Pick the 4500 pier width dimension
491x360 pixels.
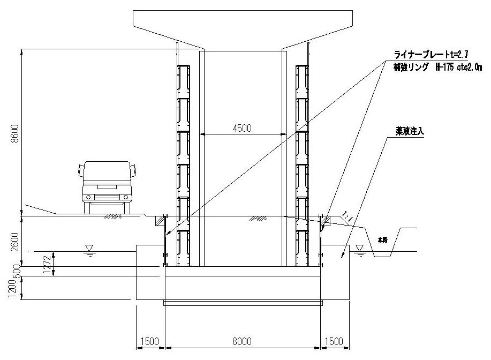242,129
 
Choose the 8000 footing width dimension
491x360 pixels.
243,341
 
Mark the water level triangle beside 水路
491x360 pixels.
359,247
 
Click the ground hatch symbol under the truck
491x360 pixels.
113,217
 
